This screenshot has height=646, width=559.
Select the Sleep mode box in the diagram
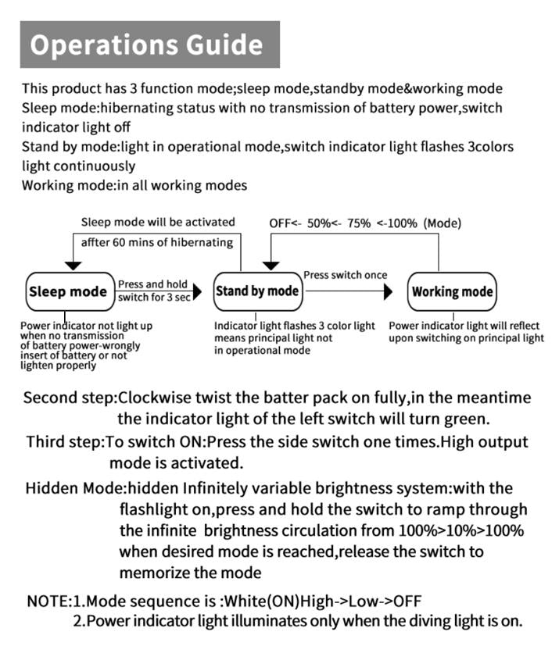click(67, 291)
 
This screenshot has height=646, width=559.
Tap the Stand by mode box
click(257, 291)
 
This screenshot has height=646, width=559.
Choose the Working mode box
click(453, 291)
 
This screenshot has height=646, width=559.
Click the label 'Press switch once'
click(345, 275)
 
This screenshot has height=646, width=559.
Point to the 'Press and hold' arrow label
click(152, 284)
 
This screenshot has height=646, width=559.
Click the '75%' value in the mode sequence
click(360, 223)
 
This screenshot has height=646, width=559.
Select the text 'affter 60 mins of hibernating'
click(157, 242)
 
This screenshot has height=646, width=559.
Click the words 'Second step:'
click(70, 397)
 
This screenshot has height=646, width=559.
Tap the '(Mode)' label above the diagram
click(443, 223)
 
